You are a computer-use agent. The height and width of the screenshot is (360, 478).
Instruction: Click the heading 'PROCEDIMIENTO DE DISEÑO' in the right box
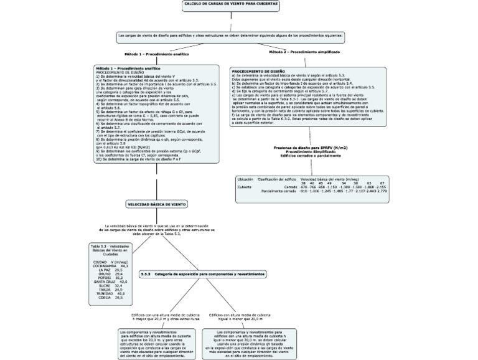point(258,70)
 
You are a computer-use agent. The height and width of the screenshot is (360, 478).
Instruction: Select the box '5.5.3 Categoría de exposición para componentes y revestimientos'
point(202,273)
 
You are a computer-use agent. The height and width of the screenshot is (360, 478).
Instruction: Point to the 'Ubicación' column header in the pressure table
point(245,179)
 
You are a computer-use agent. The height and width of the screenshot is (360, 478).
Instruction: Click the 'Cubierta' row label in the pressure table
point(245,186)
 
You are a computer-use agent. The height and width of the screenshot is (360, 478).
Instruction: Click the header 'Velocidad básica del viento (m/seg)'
point(330,179)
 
